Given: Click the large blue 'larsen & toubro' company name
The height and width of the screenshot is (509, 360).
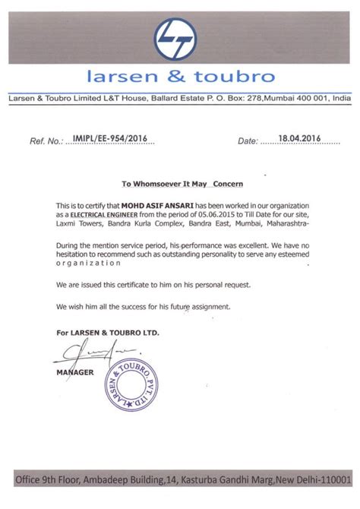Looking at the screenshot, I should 179,77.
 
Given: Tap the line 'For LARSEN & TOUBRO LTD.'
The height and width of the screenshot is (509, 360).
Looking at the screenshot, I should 107,333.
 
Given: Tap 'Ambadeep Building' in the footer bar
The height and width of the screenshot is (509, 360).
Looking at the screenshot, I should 116,480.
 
